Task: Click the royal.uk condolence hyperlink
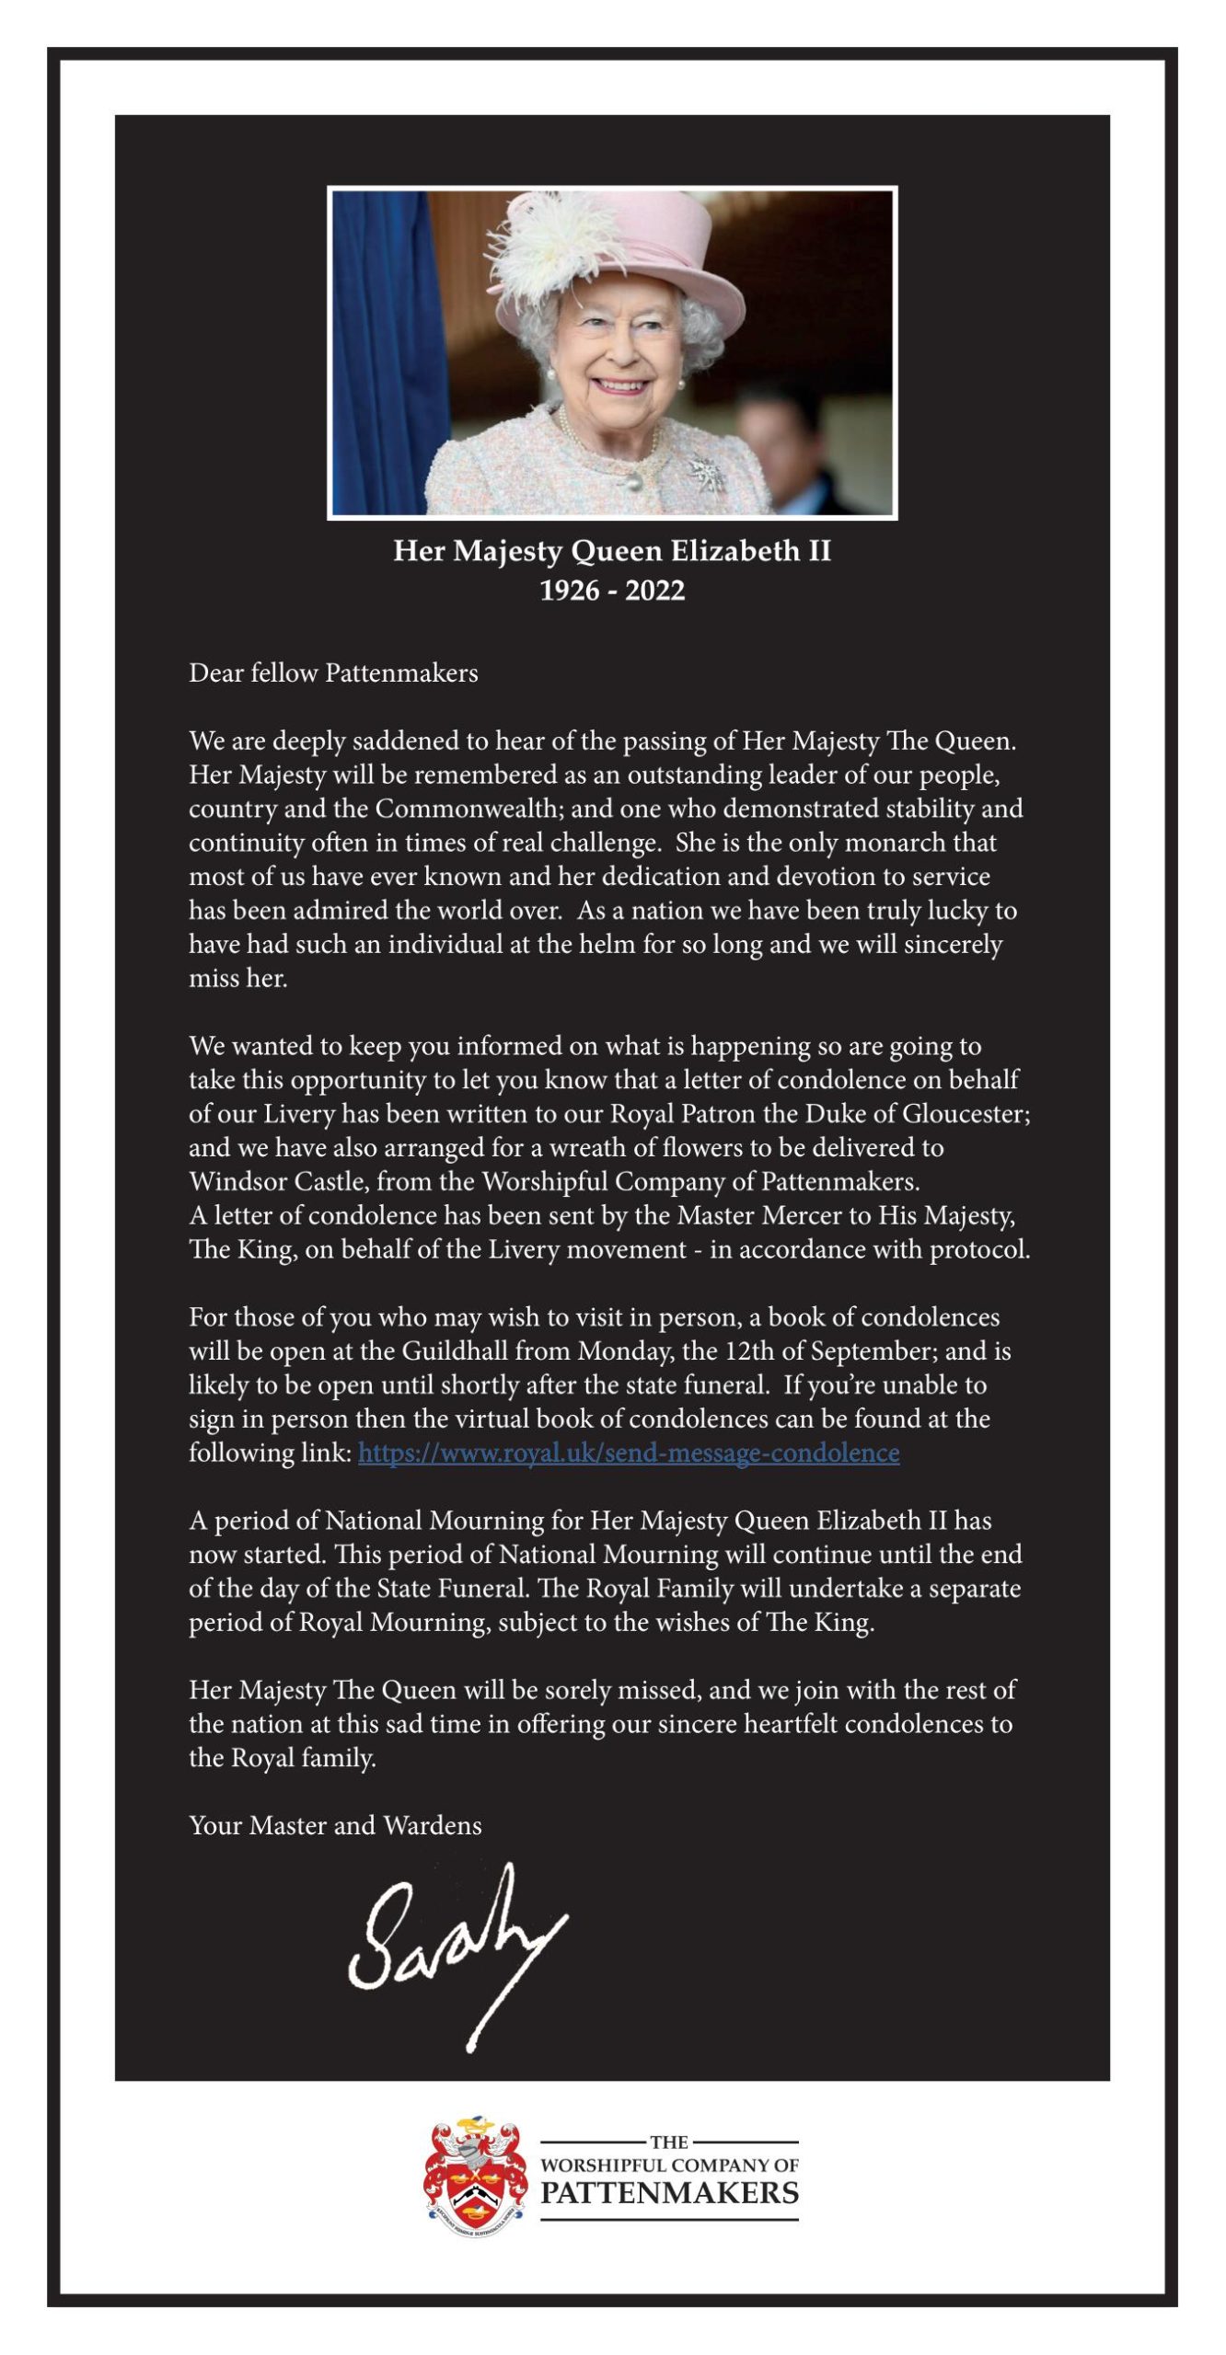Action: [629, 1453]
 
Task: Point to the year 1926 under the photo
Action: [569, 591]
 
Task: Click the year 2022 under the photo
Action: [655, 591]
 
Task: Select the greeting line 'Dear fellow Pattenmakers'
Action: [333, 673]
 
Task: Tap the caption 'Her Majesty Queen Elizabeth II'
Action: [612, 552]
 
